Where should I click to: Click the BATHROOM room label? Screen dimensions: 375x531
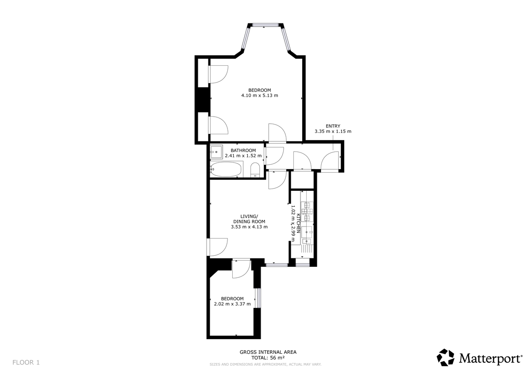click(243, 150)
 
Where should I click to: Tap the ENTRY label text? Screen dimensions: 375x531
click(333, 126)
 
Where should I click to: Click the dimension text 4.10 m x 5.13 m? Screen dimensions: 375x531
click(259, 95)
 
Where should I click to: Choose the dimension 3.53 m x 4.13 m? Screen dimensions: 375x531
click(249, 227)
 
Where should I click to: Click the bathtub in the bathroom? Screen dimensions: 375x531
click(226, 169)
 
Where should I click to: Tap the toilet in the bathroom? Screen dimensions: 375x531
click(255, 170)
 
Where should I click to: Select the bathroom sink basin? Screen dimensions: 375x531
click(216, 152)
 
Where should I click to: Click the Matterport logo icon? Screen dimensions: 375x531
click(446, 357)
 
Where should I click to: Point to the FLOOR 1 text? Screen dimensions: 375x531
click(26, 363)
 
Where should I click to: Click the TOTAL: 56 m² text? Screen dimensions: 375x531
click(268, 358)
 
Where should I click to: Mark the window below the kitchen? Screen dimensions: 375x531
click(303, 264)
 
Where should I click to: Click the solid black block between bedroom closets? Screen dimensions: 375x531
click(203, 100)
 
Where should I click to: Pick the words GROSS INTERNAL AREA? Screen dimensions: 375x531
click(268, 352)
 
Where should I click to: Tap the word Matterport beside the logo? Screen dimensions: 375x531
click(490, 358)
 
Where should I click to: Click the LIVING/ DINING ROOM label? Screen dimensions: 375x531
click(249, 219)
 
